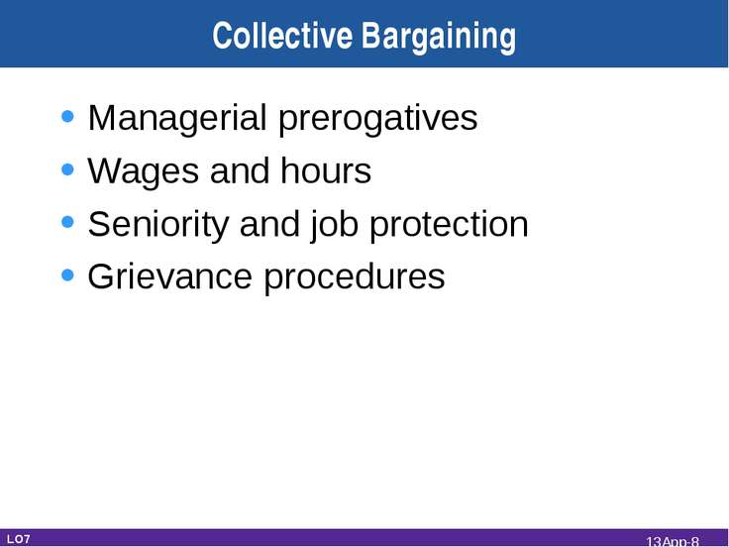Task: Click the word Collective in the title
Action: (x=282, y=36)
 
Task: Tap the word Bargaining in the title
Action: (x=439, y=38)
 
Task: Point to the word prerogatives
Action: (x=378, y=120)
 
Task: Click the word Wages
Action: (x=144, y=172)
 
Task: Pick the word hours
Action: (x=326, y=170)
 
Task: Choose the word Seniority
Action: (x=158, y=225)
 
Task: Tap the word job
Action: (x=334, y=225)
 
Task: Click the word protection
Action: (x=449, y=225)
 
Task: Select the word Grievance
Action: (x=169, y=276)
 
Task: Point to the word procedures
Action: (x=355, y=277)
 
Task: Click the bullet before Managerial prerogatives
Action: (x=68, y=116)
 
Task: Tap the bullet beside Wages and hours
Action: (x=68, y=169)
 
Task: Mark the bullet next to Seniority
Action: (x=68, y=222)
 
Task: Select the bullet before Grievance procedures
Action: (x=68, y=274)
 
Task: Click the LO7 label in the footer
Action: (x=19, y=539)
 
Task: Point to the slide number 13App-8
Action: (x=673, y=541)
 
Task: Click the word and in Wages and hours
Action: (x=240, y=170)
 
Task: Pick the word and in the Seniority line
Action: (x=269, y=224)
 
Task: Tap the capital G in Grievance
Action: (x=101, y=276)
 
